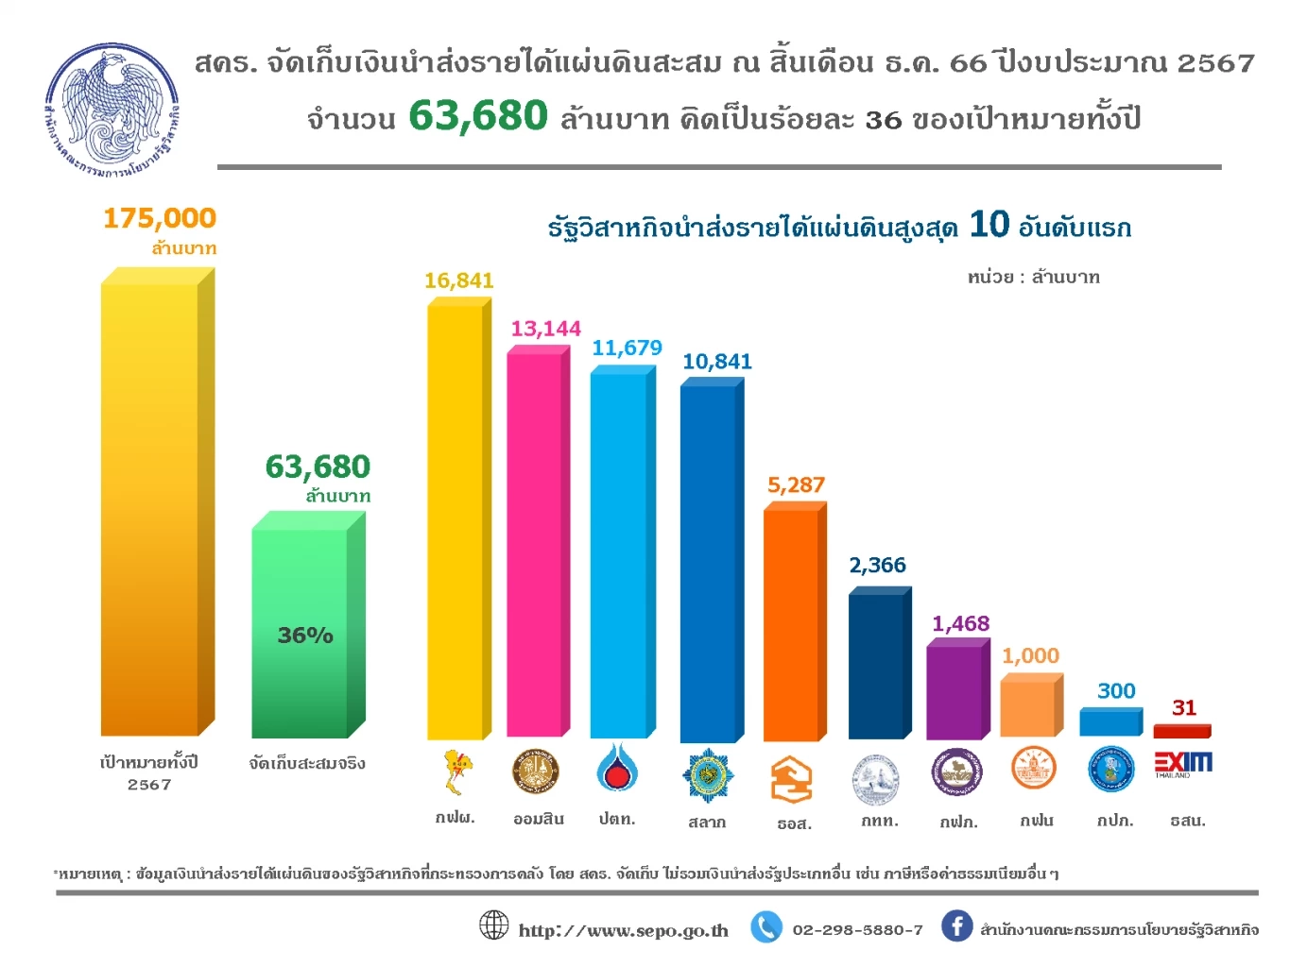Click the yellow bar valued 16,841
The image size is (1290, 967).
click(456, 519)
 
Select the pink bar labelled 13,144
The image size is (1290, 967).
click(535, 543)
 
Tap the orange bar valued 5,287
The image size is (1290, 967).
click(791, 623)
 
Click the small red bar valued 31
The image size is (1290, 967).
click(1181, 731)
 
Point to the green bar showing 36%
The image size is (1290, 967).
click(301, 633)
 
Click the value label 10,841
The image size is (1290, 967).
click(717, 362)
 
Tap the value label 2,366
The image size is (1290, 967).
click(877, 566)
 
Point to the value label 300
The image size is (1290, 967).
click(1116, 691)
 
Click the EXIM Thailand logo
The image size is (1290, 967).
click(1182, 763)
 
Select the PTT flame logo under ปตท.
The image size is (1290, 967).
click(617, 769)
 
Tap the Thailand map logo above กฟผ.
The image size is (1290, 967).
click(457, 771)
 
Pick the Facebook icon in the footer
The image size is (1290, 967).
click(956, 926)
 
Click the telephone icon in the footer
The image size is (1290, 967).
click(766, 927)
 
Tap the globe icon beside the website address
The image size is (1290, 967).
click(494, 925)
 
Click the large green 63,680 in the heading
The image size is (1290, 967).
click(478, 116)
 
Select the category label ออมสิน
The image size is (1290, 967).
click(539, 820)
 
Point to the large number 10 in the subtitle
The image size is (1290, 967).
click(989, 225)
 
